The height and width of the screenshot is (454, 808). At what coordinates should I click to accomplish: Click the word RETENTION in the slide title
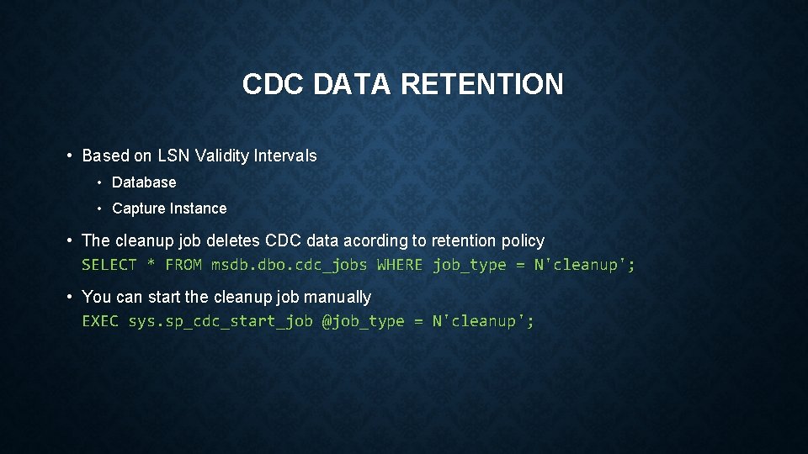tap(482, 84)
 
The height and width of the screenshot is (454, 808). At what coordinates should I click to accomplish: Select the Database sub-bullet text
tap(144, 182)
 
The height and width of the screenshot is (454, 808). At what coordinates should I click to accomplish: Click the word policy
tap(523, 240)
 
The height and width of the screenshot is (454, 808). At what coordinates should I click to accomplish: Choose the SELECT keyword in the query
tap(109, 265)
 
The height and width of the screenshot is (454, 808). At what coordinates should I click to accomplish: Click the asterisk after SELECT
tap(151, 265)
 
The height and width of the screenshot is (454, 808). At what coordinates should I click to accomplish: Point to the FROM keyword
tap(183, 265)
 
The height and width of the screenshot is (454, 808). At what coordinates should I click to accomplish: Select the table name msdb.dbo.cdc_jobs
tap(290, 265)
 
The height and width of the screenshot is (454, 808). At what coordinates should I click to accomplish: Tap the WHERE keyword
tap(400, 265)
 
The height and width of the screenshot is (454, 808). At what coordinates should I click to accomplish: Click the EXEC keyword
tap(100, 321)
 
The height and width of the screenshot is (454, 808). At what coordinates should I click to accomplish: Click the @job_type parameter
tap(363, 321)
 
